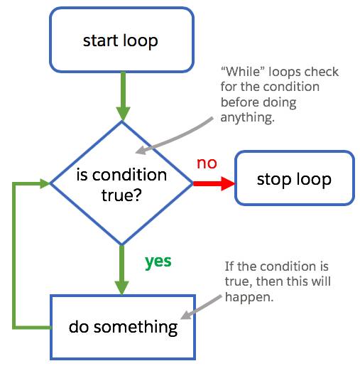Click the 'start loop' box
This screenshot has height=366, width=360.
(x=120, y=40)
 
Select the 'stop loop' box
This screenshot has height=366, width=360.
(x=294, y=178)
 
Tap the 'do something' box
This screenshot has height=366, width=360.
(x=122, y=327)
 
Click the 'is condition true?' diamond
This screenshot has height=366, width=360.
(x=121, y=183)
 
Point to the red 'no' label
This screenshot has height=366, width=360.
(x=207, y=163)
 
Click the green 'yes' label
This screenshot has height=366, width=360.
(x=158, y=262)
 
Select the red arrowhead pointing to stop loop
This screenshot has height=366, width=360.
(x=227, y=183)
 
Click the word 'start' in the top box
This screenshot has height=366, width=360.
(x=99, y=40)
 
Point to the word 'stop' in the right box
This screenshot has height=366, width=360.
(x=273, y=178)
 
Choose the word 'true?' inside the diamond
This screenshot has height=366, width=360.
(x=121, y=193)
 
